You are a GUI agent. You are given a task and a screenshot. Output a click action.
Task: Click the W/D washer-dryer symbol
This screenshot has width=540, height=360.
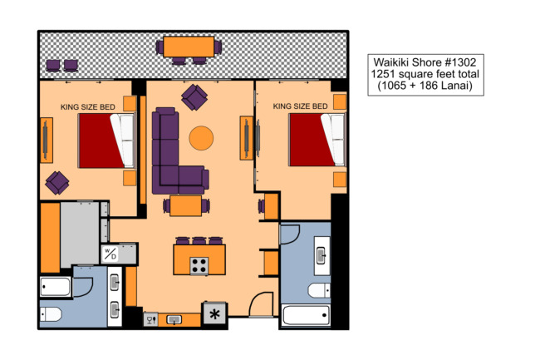pos(110,254)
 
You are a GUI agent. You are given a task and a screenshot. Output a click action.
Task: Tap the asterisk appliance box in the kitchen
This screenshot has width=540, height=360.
pos(215,313)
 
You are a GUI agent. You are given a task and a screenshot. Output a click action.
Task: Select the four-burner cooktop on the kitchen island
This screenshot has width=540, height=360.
pos(199,266)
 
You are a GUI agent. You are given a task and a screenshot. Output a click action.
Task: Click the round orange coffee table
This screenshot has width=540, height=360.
pos(201,138)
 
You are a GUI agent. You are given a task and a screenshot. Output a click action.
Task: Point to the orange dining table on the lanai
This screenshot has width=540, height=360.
pos(189,47)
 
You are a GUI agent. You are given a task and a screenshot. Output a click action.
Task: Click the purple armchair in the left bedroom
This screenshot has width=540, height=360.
pos(57,183)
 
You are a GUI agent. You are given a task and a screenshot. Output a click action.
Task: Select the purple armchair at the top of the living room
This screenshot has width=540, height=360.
pos(194,97)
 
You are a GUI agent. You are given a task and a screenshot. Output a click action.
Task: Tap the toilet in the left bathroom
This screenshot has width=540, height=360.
pos(51,314)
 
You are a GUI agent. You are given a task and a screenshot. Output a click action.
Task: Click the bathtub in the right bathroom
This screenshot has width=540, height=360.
pos(307,315)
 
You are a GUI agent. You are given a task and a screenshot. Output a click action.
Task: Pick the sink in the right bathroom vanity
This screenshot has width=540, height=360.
pos(322,255)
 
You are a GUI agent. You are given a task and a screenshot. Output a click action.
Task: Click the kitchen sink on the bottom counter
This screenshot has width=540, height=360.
pos(174,320)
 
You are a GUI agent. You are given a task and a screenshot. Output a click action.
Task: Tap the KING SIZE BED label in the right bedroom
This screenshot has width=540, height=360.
pos(300,106)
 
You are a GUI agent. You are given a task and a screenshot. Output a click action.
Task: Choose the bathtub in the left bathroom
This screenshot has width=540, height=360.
pos(56,287)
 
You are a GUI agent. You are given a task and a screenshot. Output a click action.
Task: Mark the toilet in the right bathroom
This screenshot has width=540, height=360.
pos(319,290)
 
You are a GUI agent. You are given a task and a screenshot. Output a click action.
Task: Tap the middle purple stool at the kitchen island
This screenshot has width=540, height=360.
pos(199,240)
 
